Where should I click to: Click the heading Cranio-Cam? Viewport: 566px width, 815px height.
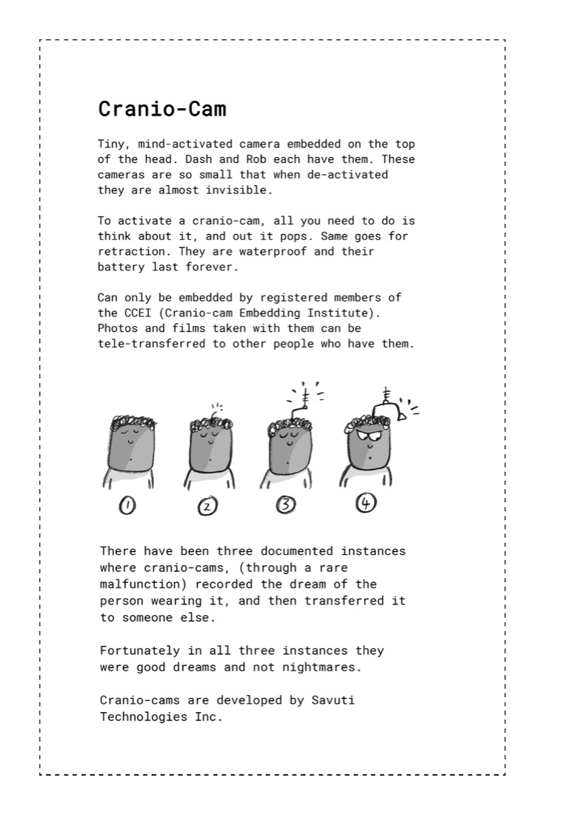[162, 109]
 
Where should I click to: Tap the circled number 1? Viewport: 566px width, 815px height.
[127, 505]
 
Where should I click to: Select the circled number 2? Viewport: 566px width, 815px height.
[207, 506]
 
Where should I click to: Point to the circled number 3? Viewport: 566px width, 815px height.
[285, 504]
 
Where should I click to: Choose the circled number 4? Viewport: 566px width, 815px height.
[366, 502]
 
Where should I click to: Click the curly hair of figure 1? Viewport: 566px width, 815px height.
[133, 422]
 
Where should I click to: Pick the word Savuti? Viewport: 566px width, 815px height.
[333, 700]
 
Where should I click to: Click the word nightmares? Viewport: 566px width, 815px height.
[322, 668]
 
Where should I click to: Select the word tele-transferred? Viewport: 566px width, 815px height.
[151, 344]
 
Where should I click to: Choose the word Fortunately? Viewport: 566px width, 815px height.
[140, 651]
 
